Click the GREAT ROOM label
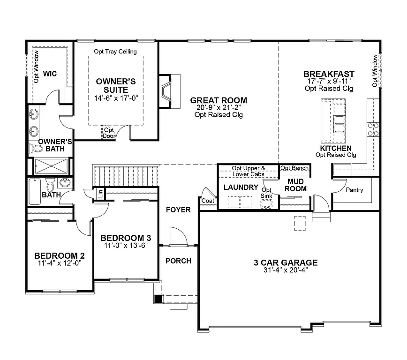(x=218, y=100)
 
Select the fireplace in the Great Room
(x=166, y=91)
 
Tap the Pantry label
(x=354, y=190)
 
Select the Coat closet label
(x=207, y=201)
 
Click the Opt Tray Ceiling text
(x=115, y=52)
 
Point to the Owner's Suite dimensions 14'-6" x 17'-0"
(x=116, y=97)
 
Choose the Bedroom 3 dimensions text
(x=126, y=245)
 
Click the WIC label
(x=50, y=74)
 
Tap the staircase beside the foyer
(x=127, y=176)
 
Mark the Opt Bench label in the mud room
(x=294, y=168)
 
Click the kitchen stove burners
(x=373, y=129)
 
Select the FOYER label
(x=178, y=210)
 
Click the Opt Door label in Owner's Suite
(x=109, y=133)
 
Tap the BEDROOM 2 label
(x=60, y=255)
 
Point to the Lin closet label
(x=100, y=193)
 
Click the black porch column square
(x=159, y=298)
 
